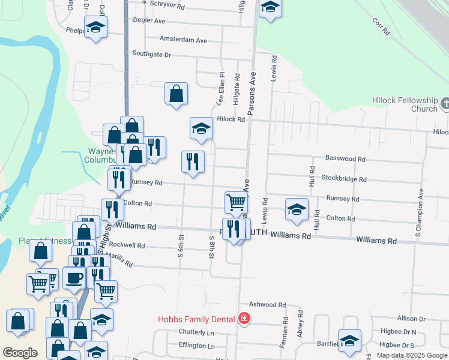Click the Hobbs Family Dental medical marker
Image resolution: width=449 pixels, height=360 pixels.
pyautogui.click(x=244, y=319)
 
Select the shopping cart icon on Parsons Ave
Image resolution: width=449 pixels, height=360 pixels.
pyautogui.click(x=236, y=202)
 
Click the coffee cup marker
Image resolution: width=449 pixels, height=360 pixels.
pyautogui.click(x=74, y=278)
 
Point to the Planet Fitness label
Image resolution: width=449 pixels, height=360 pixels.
pyautogui.click(x=44, y=241)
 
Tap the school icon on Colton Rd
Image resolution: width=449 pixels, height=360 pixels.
pyautogui.click(x=297, y=209)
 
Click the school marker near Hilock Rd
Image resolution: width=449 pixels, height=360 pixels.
pyautogui.click(x=202, y=128)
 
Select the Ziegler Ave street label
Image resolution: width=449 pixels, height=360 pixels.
pyautogui.click(x=150, y=20)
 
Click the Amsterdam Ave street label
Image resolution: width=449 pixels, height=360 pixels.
pyautogui.click(x=183, y=40)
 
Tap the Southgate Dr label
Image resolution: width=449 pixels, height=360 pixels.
pyautogui.click(x=152, y=54)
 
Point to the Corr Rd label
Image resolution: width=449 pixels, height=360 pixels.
pyautogui.click(x=381, y=26)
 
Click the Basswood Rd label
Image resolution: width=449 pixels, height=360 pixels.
pyautogui.click(x=345, y=159)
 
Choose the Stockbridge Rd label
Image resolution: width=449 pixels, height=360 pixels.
pyautogui.click(x=344, y=179)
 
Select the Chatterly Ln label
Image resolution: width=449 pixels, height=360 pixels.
pyautogui.click(x=196, y=332)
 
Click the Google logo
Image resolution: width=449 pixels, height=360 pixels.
pyautogui.click(x=20, y=352)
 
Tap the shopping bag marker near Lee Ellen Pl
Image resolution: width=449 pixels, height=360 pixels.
pyautogui.click(x=176, y=94)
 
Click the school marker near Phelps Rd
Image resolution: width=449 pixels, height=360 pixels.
pyautogui.click(x=95, y=27)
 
